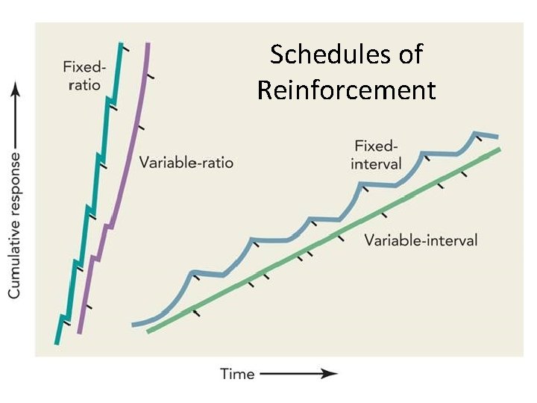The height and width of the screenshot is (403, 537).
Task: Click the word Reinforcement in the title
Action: tap(346, 90)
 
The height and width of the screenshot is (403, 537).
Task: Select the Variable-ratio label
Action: tap(186, 162)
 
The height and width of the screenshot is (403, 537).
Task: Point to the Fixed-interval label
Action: tap(377, 154)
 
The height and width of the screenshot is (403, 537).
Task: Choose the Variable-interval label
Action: tap(421, 240)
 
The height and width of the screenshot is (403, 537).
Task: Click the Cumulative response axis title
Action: tap(15, 224)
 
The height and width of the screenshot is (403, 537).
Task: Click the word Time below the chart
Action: tap(237, 374)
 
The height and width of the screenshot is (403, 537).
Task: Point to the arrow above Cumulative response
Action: tap(15, 112)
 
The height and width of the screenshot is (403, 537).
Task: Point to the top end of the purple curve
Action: tap(148, 45)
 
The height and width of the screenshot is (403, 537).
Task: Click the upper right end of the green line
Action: tap(498, 149)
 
